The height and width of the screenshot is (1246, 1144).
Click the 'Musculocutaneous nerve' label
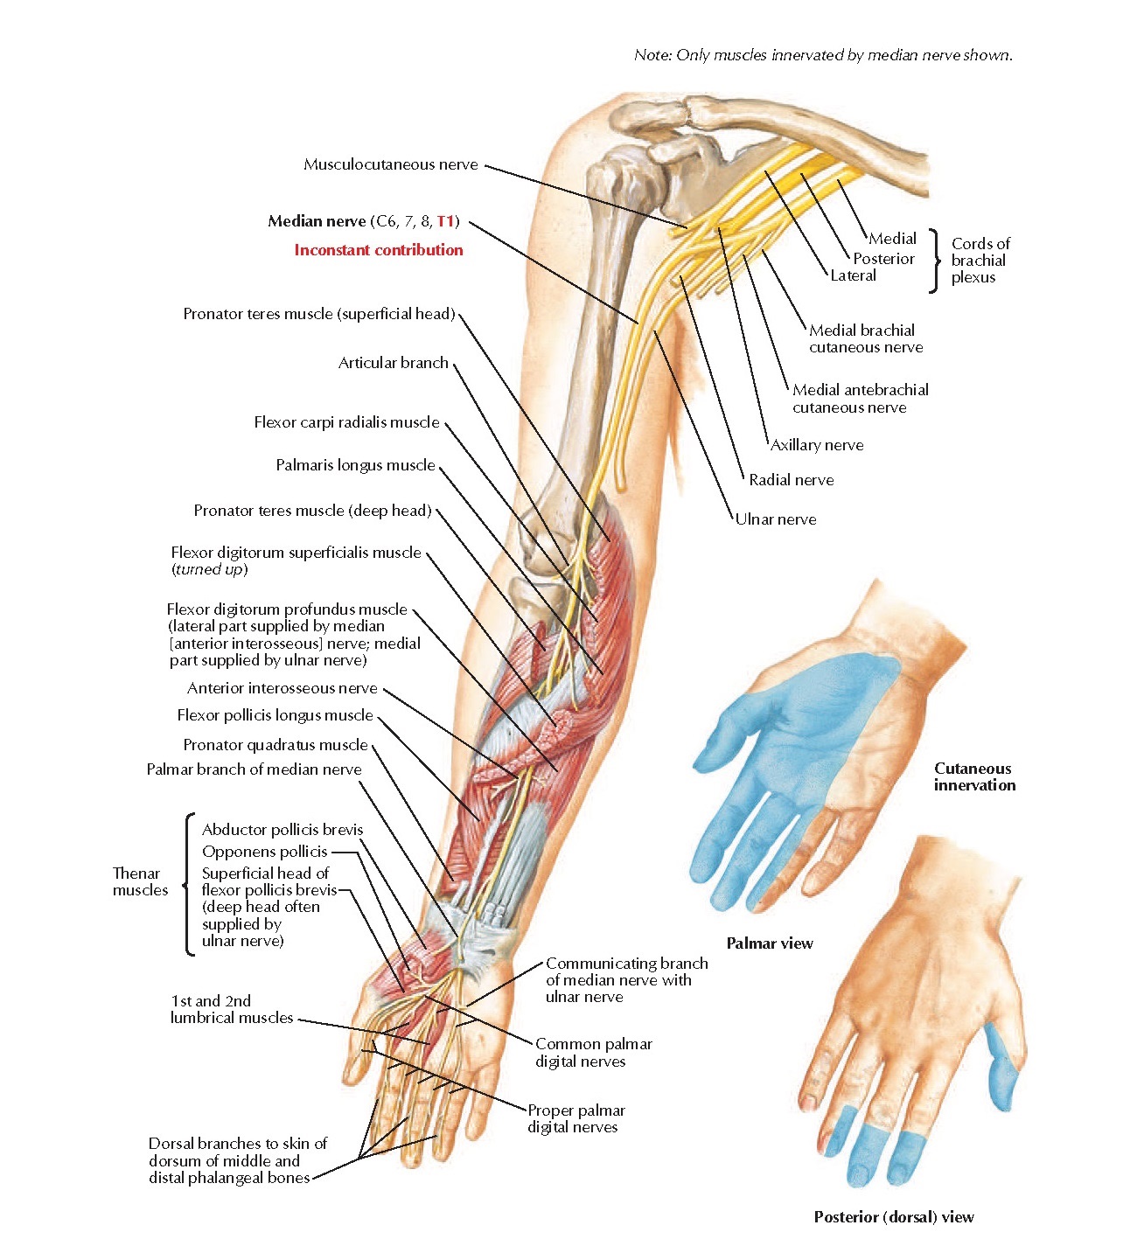pos(390,164)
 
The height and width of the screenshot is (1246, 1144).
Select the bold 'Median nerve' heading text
pos(317,221)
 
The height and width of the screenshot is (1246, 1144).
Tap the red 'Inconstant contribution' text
pos(379,250)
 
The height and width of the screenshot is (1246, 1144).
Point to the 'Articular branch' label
pos(393,363)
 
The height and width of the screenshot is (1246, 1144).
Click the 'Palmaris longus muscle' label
pos(355,465)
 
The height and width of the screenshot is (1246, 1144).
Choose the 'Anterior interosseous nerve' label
pos(283,688)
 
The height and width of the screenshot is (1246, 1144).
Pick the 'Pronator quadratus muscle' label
pos(276,745)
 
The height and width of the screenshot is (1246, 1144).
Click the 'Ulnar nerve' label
pos(776,519)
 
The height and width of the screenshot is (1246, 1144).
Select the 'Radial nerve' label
pos(791,479)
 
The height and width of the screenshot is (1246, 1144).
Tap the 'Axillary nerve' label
pos(817,445)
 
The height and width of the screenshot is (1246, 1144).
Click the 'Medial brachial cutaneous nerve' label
pos(866,338)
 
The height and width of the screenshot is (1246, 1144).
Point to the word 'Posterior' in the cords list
pos(883,259)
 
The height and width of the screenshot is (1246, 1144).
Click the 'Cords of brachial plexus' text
pos(980,261)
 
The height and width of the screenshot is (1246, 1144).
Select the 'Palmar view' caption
pos(770,943)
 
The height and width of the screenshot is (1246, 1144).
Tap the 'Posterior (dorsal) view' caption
pos(894,1217)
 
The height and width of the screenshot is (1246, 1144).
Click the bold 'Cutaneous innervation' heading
pos(974,776)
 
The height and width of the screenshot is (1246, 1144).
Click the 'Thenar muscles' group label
pos(140,881)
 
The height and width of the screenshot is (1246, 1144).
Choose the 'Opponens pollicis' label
pos(264,852)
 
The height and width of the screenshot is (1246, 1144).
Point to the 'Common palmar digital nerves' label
pos(594,1052)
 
